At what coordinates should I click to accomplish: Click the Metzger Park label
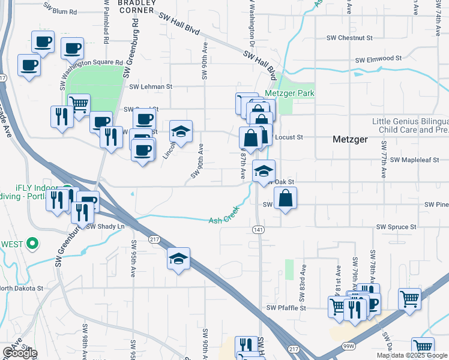click(290, 94)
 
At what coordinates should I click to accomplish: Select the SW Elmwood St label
click(378, 59)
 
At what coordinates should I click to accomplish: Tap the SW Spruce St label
click(396, 227)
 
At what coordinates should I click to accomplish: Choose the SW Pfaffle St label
click(286, 308)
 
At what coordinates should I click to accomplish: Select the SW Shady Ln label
click(105, 226)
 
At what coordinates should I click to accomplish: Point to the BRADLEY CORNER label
click(137, 6)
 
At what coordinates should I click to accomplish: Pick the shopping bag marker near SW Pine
click(286, 199)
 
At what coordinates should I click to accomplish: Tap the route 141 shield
click(258, 230)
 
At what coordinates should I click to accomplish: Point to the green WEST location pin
click(34, 244)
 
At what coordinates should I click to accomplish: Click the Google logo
click(19, 353)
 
